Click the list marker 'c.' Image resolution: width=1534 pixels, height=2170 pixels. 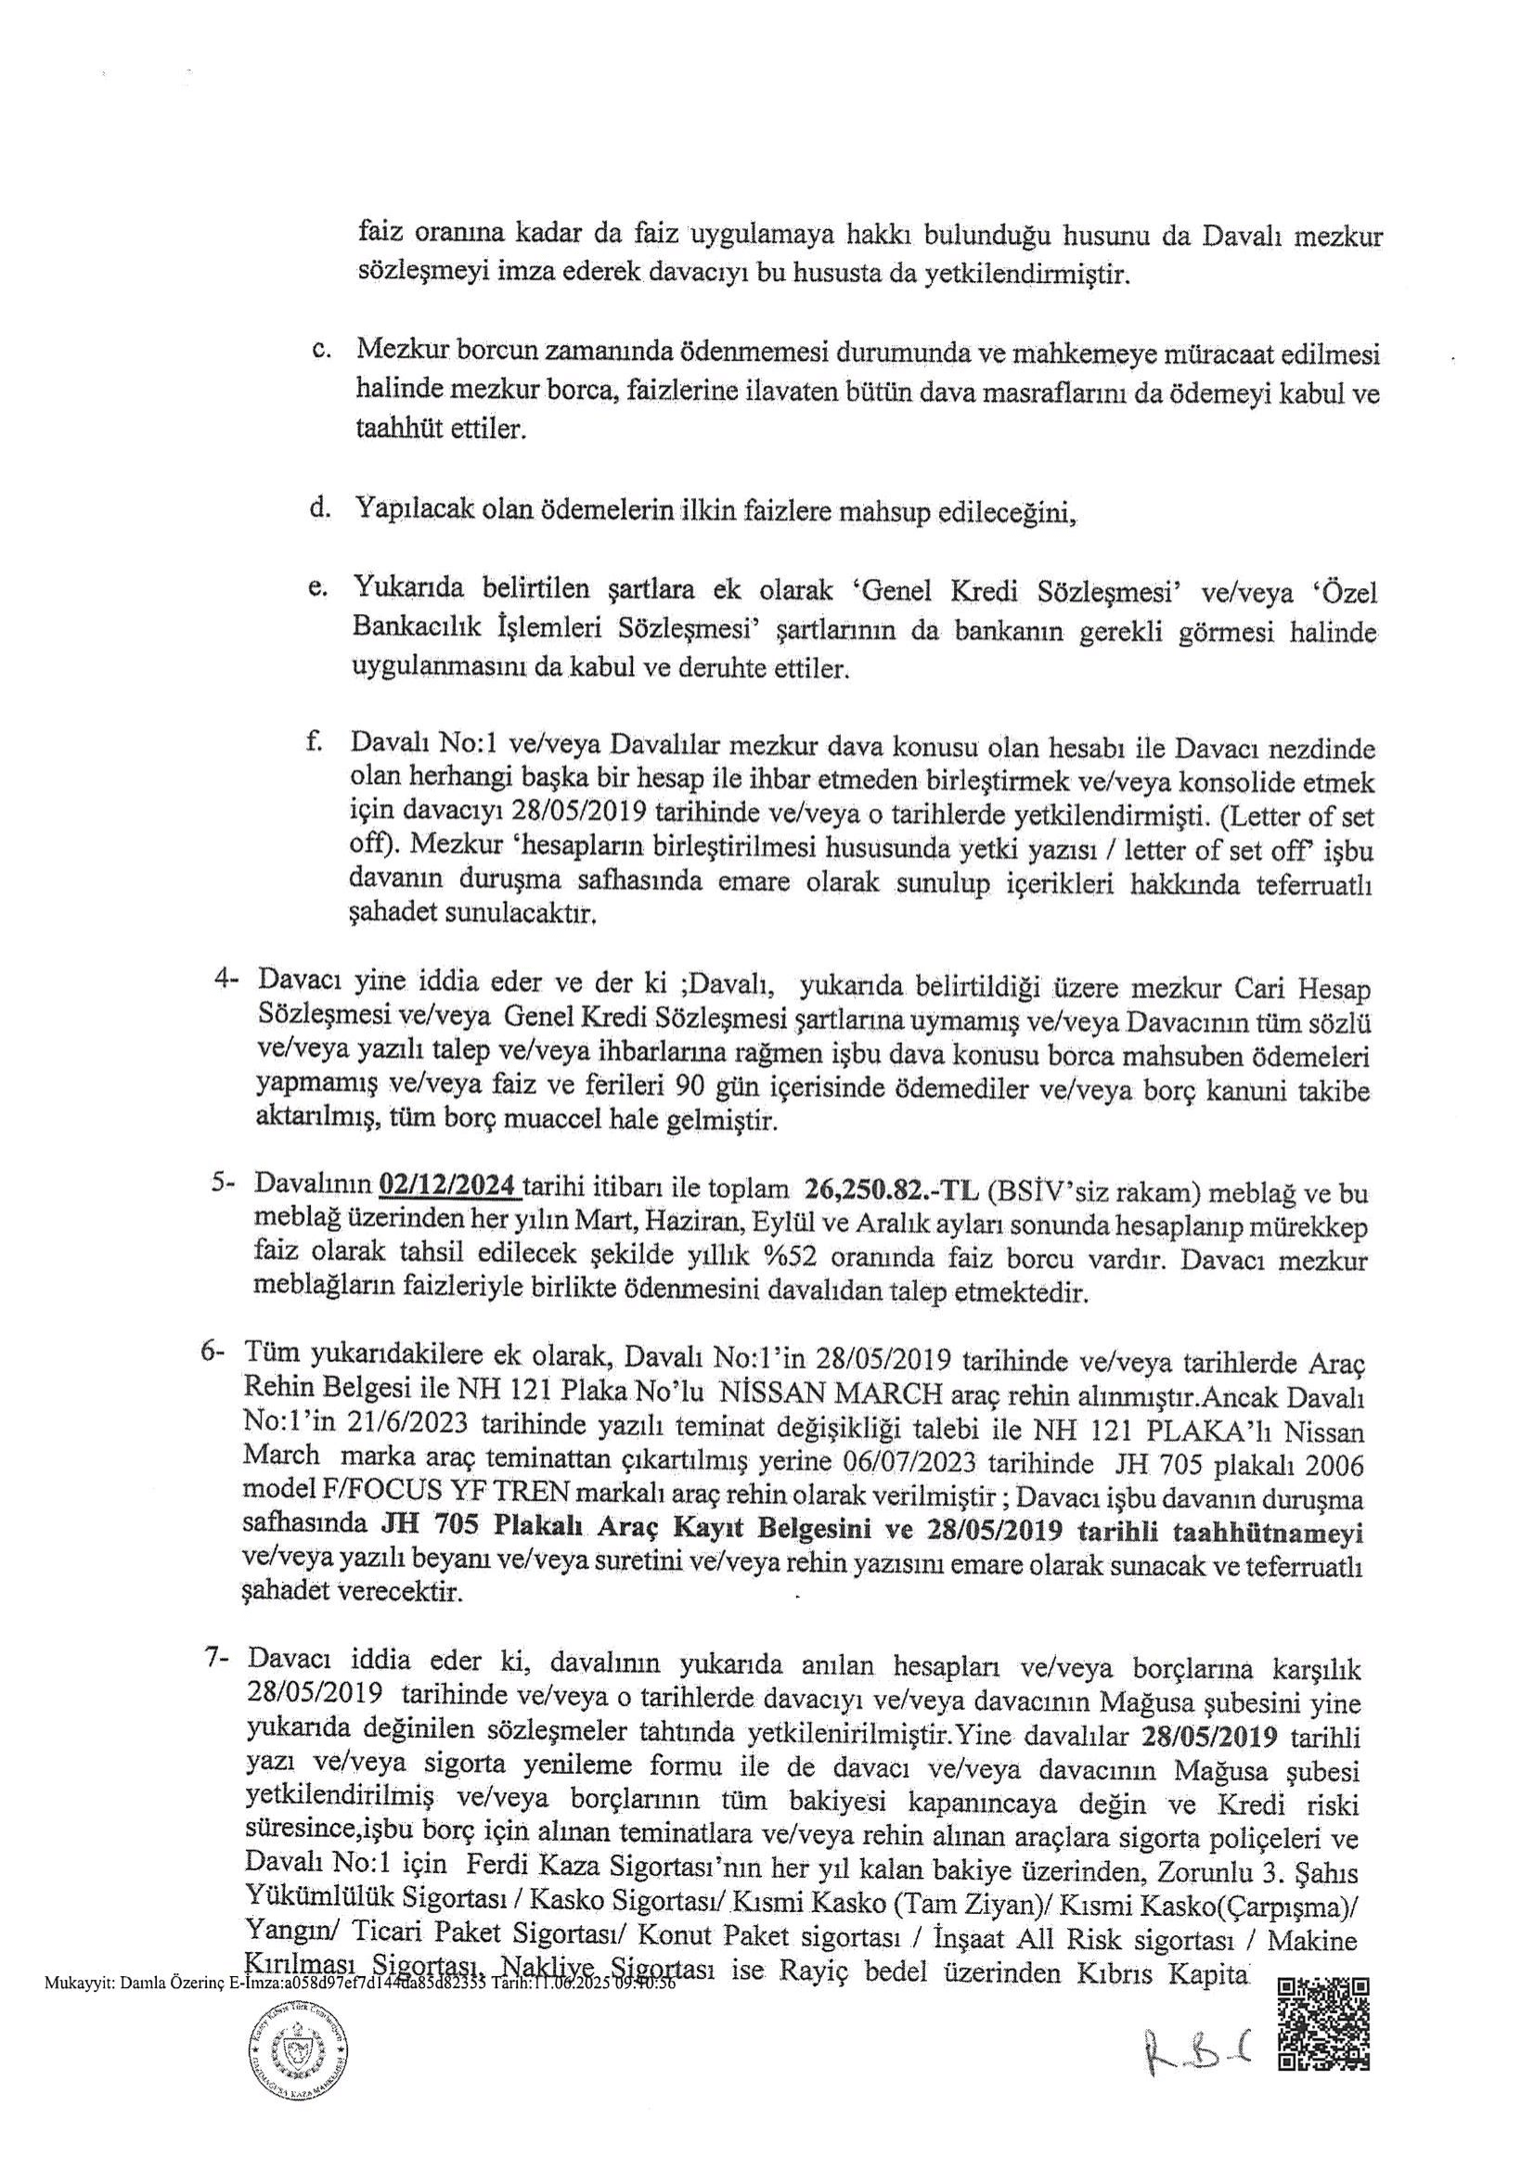point(320,351)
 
